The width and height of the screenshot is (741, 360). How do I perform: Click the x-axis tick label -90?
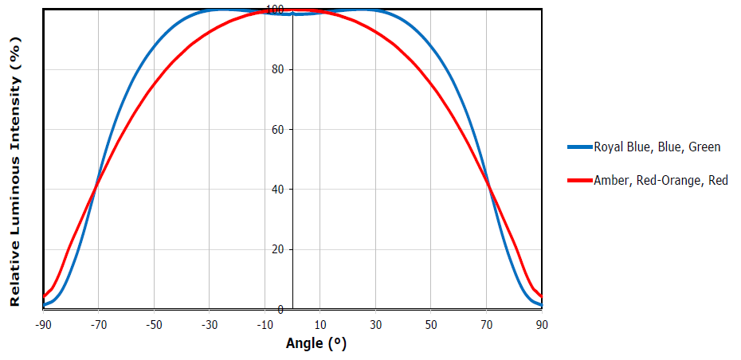pyautogui.click(x=43, y=325)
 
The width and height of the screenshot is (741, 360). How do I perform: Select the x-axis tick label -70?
pyautogui.click(x=99, y=325)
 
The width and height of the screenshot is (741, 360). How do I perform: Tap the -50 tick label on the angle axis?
pyautogui.click(x=154, y=325)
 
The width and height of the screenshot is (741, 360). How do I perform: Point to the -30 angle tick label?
pyautogui.click(x=210, y=325)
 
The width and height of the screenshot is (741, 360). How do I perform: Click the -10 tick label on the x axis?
pyautogui.click(x=265, y=325)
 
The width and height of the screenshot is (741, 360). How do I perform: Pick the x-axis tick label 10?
pyautogui.click(x=320, y=325)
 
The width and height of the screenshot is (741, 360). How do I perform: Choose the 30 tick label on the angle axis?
pyautogui.click(x=375, y=325)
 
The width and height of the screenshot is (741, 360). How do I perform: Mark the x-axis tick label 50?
pyautogui.click(x=431, y=325)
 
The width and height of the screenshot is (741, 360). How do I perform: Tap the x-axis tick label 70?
pyautogui.click(x=486, y=325)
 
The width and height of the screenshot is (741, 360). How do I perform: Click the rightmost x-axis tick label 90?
pyautogui.click(x=542, y=325)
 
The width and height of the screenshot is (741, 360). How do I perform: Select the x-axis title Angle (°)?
pyautogui.click(x=316, y=344)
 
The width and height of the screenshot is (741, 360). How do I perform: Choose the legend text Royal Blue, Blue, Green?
pyautogui.click(x=657, y=147)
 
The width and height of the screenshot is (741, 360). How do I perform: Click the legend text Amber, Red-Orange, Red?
pyautogui.click(x=661, y=181)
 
